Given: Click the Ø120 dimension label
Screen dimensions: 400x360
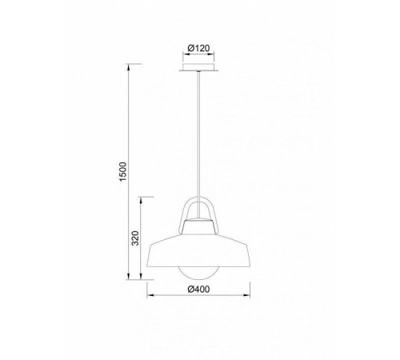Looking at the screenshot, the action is [x=198, y=48].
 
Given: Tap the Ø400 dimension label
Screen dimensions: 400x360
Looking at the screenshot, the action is [x=198, y=289].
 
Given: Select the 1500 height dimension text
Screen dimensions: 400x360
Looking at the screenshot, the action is [x=122, y=171].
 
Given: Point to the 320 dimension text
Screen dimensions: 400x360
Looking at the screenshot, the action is [x=135, y=238].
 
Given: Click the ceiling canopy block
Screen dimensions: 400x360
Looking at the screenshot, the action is [x=198, y=66].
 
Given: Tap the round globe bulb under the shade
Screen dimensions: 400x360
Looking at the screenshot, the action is [x=198, y=273].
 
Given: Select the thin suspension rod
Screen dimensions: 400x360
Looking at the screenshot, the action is [x=198, y=145].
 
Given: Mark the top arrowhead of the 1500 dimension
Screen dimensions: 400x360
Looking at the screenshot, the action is [x=129, y=67].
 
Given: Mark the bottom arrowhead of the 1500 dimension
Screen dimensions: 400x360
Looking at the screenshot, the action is [x=129, y=277].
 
